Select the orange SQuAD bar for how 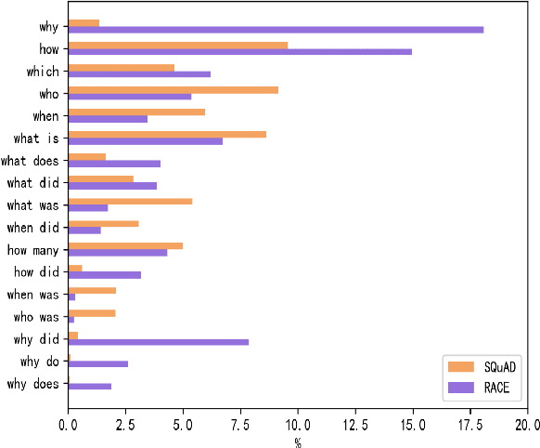[x=177, y=45]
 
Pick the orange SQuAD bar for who [x=173, y=89]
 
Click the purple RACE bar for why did [x=158, y=342]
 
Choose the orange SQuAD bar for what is [x=167, y=134]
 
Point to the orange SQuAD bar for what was [x=130, y=201]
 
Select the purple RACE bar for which [x=139, y=74]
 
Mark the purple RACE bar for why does [x=89, y=387]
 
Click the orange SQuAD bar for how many [x=125, y=245]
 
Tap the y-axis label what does [x=31, y=161]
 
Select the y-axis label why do [x=40, y=362]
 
